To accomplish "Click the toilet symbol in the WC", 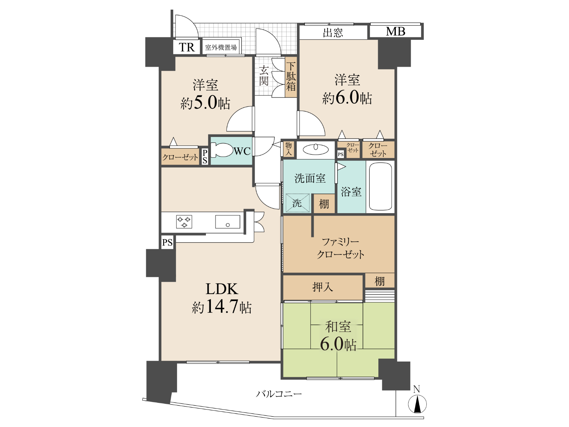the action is [221, 150].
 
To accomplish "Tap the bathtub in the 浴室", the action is [380, 187].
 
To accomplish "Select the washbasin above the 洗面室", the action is [315, 149].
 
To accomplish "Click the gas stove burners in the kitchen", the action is [184, 222].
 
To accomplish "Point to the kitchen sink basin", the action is [227, 222].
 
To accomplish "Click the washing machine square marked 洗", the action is [297, 203].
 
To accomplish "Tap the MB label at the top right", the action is [395, 31].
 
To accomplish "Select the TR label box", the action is [187, 47].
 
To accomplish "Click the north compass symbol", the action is [417, 404].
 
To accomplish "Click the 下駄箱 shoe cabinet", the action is [291, 77].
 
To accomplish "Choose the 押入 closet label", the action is [322, 287].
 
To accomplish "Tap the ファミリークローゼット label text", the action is [340, 248].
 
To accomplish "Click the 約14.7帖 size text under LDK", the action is [222, 307].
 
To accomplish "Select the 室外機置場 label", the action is [221, 47].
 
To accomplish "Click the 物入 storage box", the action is [288, 149].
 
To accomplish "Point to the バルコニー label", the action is [279, 394].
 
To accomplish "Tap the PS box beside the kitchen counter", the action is [167, 242].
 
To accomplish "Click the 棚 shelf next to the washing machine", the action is [324, 204].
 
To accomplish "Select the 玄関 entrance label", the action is [264, 75].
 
